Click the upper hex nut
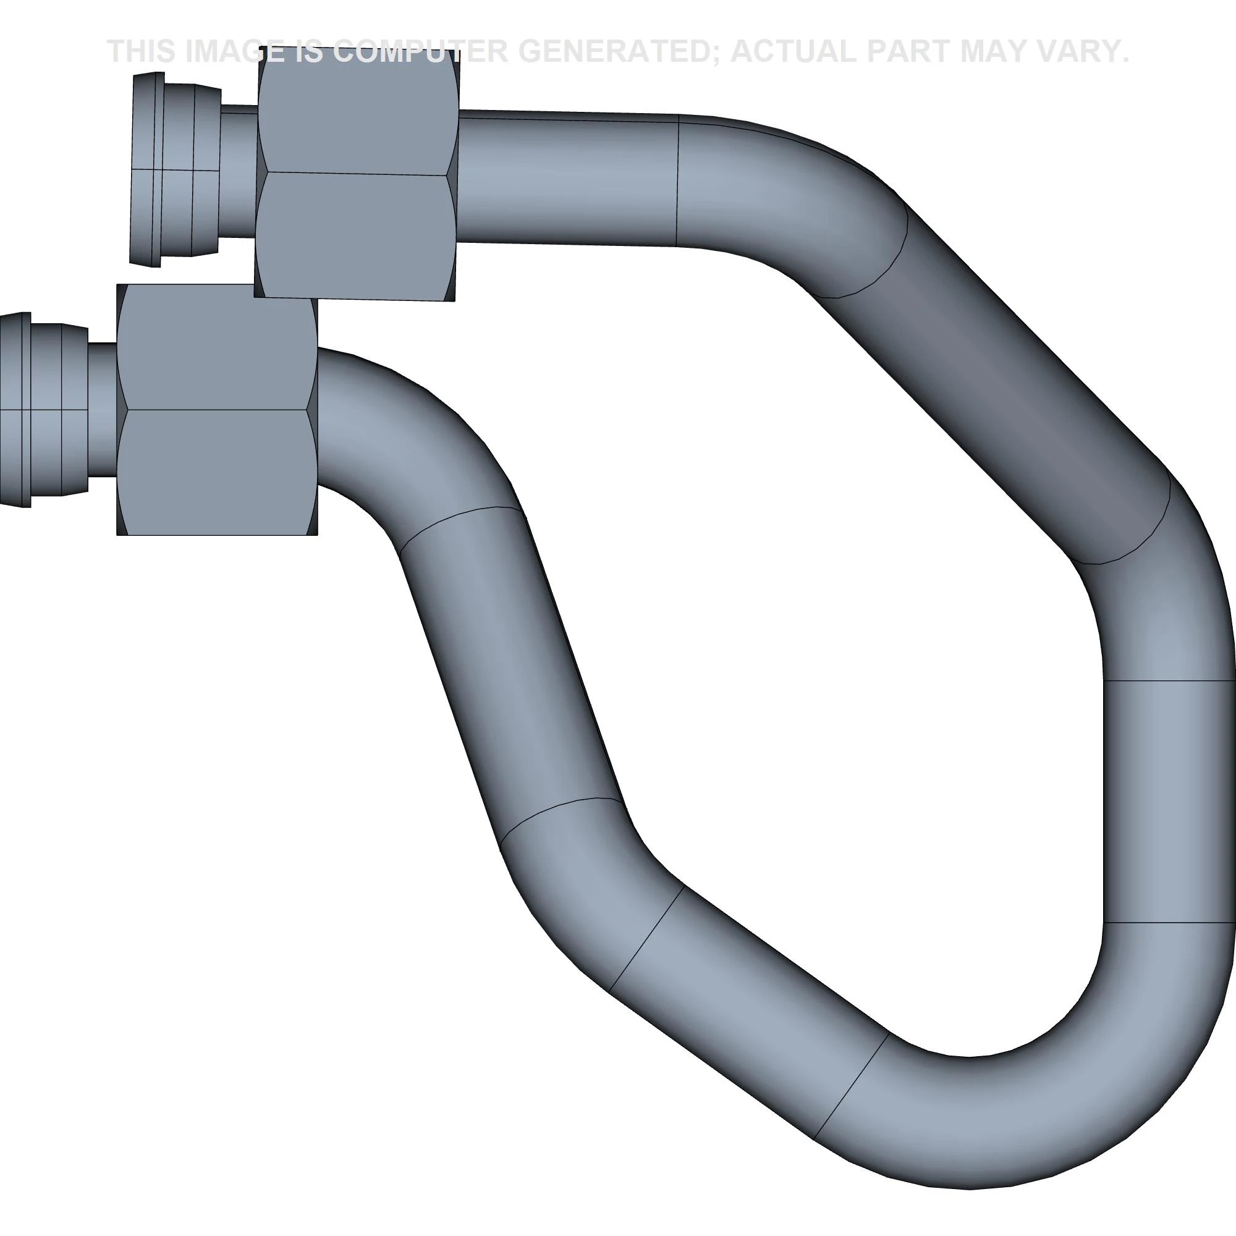tap(357, 173)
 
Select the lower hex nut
tap(217, 410)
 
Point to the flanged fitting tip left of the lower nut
tap(43, 410)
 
